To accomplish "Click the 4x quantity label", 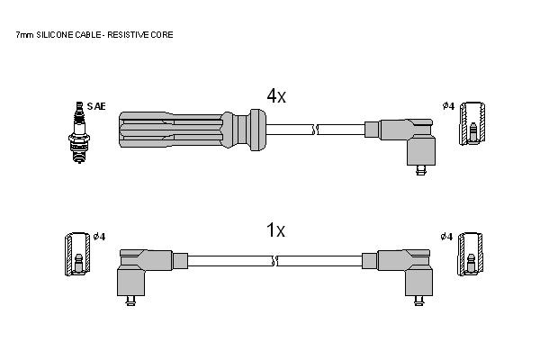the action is point(276,95).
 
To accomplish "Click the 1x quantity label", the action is point(276,229).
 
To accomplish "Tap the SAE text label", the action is point(96,106).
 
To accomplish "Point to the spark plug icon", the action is point(79,132).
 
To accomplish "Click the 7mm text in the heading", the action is point(25,35).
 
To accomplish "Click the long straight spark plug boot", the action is point(193,130).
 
